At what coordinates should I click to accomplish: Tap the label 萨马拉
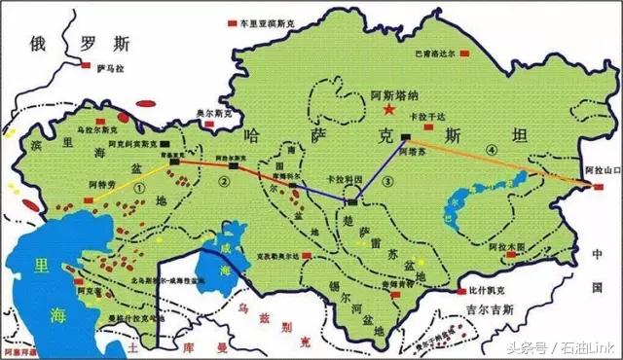point(112,68)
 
